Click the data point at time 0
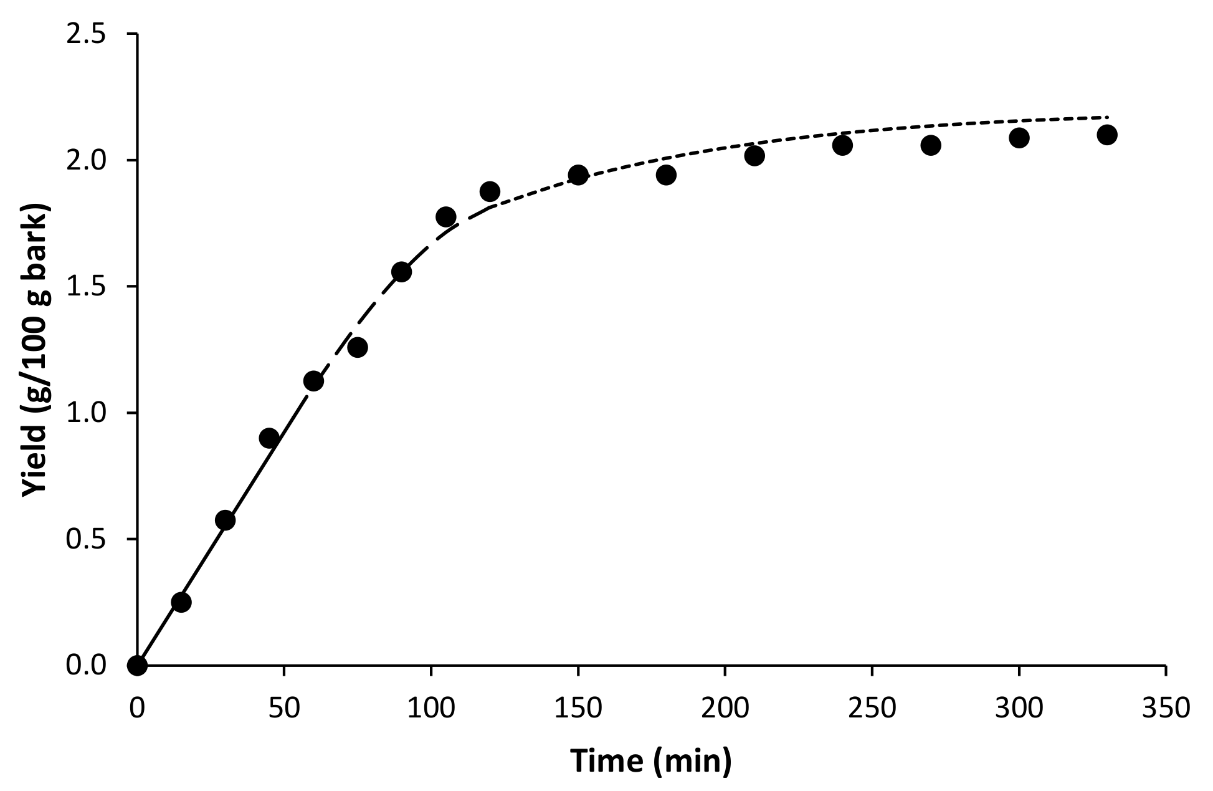click(137, 666)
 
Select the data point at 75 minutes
click(357, 347)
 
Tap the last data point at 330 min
click(1106, 135)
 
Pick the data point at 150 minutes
click(578, 175)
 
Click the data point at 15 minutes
click(181, 602)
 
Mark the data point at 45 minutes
click(269, 438)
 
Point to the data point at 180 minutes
click(666, 175)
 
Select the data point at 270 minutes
click(930, 145)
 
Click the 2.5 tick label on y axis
click(86, 34)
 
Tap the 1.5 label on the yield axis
click(86, 287)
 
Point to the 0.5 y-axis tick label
click(86, 539)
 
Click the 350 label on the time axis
click(1165, 709)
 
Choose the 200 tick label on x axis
click(725, 709)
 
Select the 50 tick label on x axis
click(284, 709)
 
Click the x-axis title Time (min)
click(651, 760)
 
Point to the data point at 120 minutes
click(490, 191)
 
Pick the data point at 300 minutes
click(1019, 138)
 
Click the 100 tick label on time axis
click(430, 709)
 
